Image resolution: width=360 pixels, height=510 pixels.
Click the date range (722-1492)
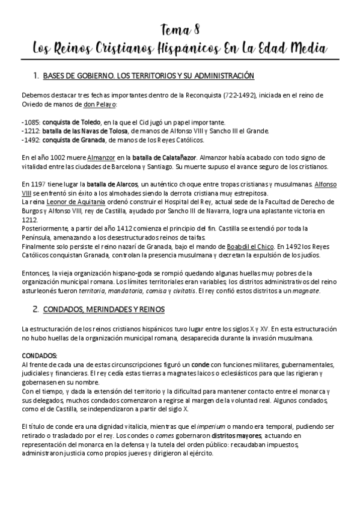coord(242,96)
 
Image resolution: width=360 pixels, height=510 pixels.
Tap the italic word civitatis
coord(181,291)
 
